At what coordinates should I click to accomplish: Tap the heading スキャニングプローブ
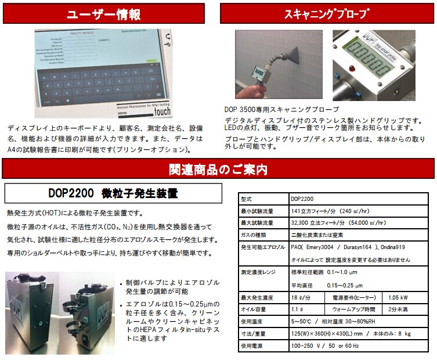click(x=327, y=13)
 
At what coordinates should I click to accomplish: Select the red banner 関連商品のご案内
click(x=218, y=170)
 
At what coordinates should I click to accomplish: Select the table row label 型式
click(x=246, y=198)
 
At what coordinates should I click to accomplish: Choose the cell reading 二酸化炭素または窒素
click(x=318, y=234)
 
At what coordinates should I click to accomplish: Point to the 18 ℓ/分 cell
click(x=299, y=297)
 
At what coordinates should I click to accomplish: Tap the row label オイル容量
click(x=253, y=309)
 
